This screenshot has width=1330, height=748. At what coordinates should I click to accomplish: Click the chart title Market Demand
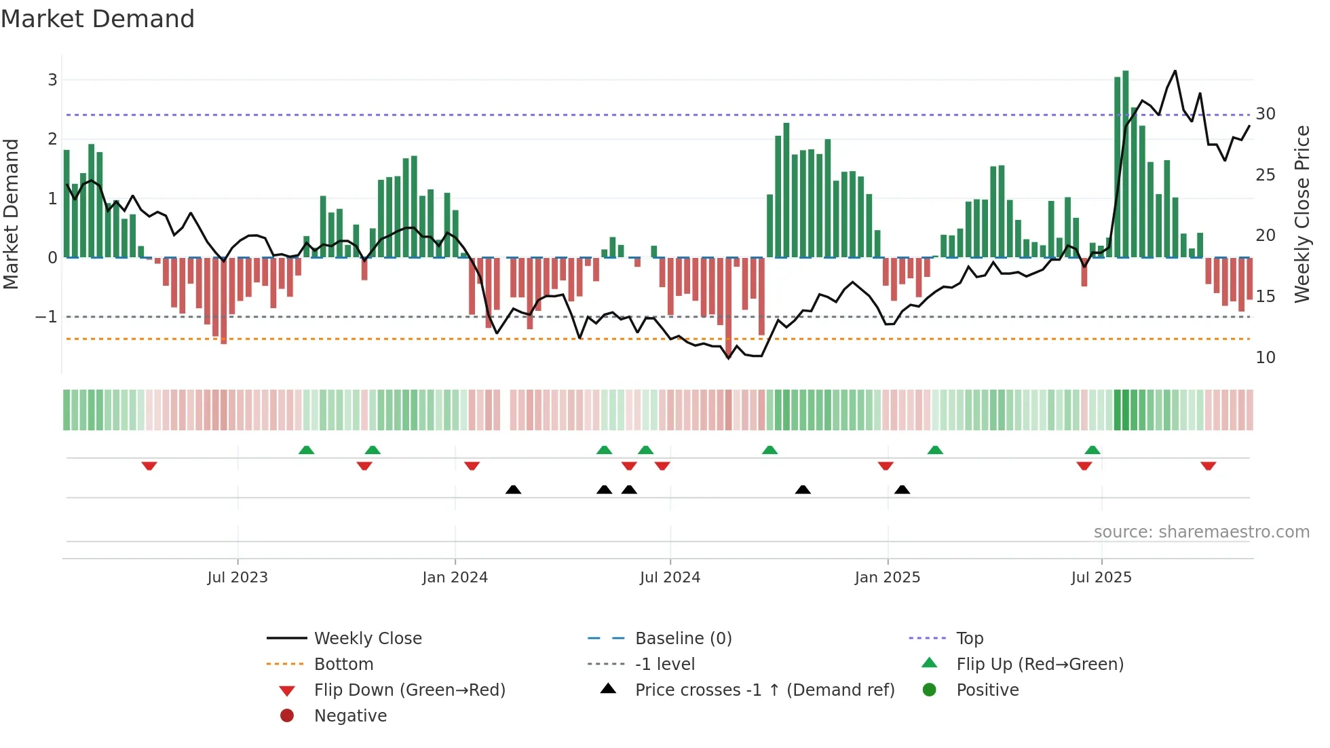98,19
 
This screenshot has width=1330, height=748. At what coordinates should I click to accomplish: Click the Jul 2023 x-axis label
237,578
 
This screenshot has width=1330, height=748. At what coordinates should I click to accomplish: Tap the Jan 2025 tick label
887,578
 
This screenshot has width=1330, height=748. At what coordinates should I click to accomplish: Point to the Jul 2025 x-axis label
1101,578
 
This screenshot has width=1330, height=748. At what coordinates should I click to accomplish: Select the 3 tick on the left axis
52,80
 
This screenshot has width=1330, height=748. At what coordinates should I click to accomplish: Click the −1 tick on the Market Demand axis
46,317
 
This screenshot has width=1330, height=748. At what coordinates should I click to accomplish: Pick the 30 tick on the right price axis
1265,114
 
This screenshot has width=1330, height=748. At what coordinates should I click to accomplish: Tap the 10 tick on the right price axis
1265,358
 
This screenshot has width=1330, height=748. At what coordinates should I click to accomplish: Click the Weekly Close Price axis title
1301,214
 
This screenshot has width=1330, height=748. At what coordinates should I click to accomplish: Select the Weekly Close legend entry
367,639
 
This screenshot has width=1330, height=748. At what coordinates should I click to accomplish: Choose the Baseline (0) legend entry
683,639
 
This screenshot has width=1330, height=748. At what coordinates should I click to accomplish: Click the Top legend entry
969,639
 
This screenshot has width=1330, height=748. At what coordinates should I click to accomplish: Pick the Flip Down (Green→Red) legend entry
409,690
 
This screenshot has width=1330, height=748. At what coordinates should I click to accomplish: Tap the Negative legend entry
350,716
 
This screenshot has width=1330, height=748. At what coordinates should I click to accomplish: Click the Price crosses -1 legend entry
764,690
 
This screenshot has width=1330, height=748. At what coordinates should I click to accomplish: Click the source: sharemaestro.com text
1201,532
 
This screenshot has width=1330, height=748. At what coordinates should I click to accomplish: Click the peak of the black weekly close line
1175,71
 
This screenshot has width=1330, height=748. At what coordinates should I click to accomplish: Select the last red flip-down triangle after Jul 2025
1208,466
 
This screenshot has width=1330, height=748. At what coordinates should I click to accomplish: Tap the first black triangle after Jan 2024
513,489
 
